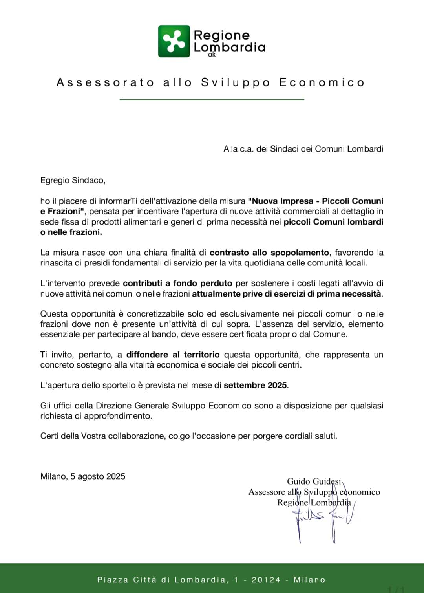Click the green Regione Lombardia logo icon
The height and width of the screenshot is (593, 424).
(x=174, y=41)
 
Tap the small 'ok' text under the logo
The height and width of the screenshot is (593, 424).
(x=212, y=55)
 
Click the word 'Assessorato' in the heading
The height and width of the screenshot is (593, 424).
(x=105, y=82)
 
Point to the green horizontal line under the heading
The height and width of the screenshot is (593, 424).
(x=212, y=99)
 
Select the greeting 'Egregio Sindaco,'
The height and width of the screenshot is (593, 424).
(x=73, y=181)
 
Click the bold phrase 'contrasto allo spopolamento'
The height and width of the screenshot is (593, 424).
(x=269, y=253)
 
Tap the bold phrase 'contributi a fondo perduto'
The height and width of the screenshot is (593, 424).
(x=177, y=283)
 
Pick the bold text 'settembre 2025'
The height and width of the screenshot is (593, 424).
(x=255, y=385)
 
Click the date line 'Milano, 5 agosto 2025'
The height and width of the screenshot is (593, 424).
(x=83, y=476)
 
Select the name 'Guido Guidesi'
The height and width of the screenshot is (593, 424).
(x=314, y=481)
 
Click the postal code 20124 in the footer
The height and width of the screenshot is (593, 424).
(x=266, y=580)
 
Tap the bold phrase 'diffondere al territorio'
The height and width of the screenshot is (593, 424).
(x=173, y=355)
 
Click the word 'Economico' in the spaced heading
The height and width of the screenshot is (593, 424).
(x=322, y=82)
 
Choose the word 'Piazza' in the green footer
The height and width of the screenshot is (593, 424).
(x=112, y=580)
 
